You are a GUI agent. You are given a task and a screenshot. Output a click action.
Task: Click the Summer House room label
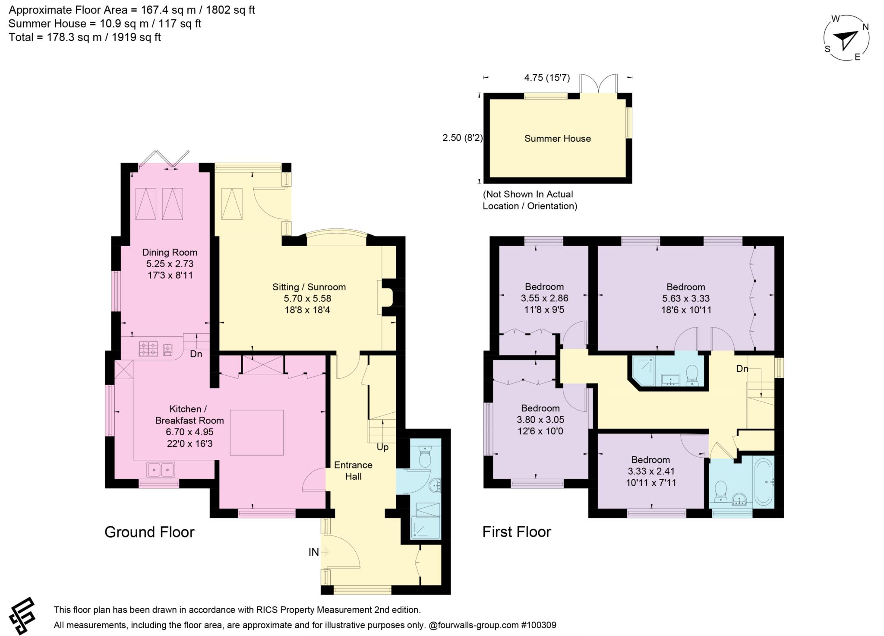click(557, 139)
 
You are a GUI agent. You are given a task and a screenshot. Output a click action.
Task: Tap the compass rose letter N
click(865, 27)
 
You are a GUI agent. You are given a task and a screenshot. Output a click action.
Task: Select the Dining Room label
click(170, 253)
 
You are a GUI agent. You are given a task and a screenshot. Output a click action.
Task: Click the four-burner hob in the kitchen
click(148, 348)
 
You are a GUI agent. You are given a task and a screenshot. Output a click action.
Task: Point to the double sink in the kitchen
click(161, 470)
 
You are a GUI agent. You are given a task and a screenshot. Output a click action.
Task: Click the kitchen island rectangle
click(256, 433)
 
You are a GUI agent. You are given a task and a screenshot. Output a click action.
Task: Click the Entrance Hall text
click(353, 471)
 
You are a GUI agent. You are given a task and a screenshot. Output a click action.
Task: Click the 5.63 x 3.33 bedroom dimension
click(685, 298)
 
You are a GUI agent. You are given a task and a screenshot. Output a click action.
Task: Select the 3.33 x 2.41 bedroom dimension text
click(650, 471)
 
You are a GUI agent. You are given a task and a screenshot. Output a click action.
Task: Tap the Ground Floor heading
click(149, 532)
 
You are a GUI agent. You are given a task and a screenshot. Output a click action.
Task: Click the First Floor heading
click(516, 532)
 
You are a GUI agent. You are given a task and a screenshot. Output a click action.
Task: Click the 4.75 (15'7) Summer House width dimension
click(546, 78)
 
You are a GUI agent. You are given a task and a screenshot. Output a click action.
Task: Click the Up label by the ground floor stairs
click(382, 447)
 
